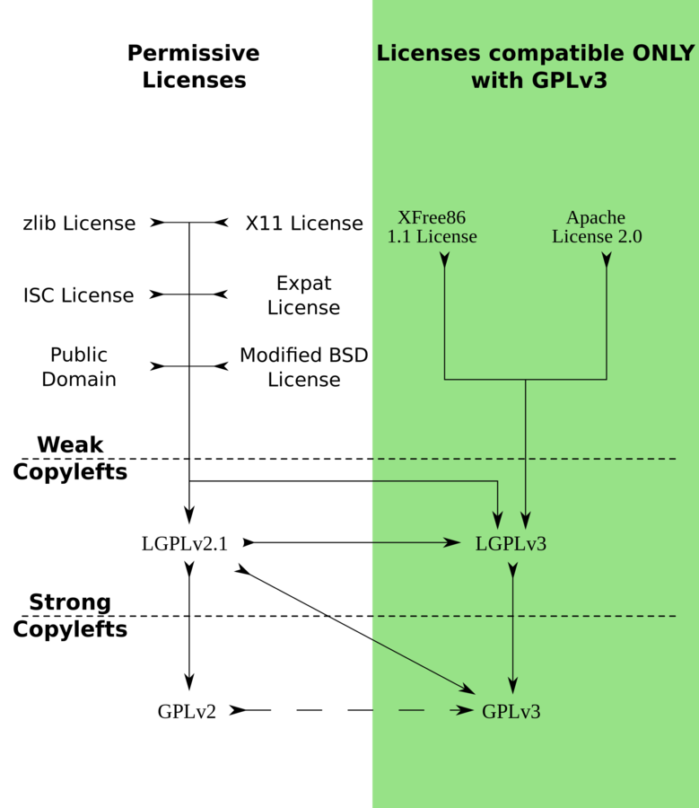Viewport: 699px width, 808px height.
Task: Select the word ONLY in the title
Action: coord(662,54)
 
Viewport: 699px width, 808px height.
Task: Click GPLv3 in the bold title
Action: coord(570,81)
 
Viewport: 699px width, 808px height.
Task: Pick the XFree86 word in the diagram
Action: coord(432,218)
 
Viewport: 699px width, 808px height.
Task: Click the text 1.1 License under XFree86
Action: coord(432,237)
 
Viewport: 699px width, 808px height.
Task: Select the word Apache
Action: coord(596,218)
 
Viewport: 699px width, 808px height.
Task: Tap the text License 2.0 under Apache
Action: coord(597,237)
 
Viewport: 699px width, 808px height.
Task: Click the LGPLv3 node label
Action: coord(511,544)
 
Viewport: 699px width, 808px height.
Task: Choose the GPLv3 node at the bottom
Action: coord(511,712)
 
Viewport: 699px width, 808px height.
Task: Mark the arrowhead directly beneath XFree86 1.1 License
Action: coord(445,260)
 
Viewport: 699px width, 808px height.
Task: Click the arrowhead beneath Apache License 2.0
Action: coord(607,260)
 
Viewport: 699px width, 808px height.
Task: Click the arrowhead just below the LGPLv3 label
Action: coord(512,569)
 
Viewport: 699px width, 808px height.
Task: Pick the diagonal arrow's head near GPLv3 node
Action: coord(467,689)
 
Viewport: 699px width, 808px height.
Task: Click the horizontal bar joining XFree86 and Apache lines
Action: coord(526,379)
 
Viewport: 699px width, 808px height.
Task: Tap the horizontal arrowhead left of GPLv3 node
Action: coord(464,710)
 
